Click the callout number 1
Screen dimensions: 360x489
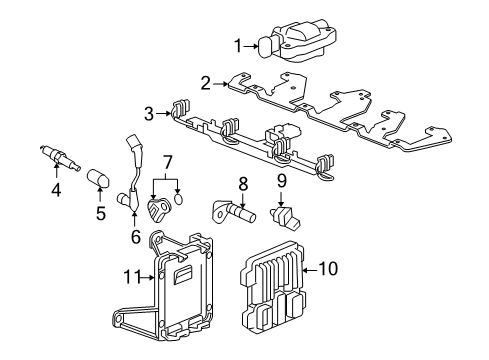[x=238, y=44]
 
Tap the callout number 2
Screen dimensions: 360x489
[x=205, y=83]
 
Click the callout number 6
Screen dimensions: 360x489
[x=136, y=237]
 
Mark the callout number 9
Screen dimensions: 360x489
[x=282, y=181]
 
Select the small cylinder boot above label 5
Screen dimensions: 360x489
[x=99, y=181]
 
